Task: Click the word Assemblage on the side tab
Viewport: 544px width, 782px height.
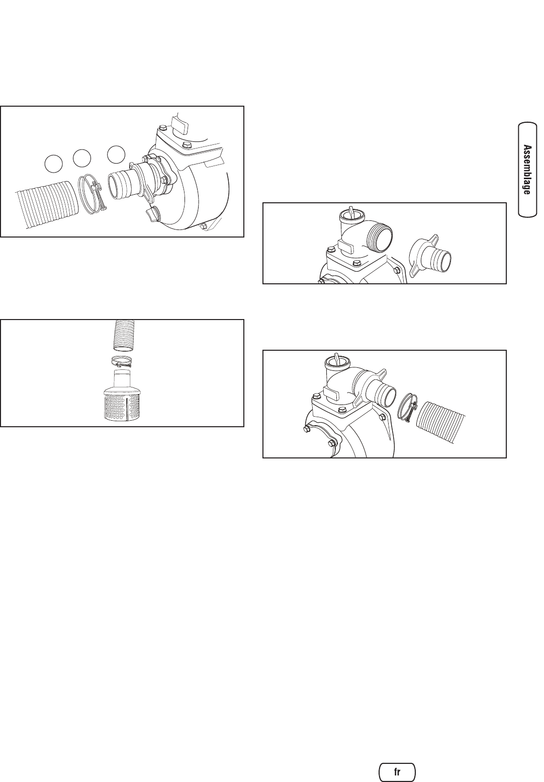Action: point(527,170)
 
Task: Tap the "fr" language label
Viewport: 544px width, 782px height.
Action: point(397,771)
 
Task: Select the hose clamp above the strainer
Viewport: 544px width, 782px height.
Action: point(122,361)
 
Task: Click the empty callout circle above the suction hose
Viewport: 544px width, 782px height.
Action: point(54,164)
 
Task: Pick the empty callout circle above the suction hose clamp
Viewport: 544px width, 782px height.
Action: point(82,158)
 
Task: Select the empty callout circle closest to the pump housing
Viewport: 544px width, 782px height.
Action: point(117,154)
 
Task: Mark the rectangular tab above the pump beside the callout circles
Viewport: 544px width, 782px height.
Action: point(180,123)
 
